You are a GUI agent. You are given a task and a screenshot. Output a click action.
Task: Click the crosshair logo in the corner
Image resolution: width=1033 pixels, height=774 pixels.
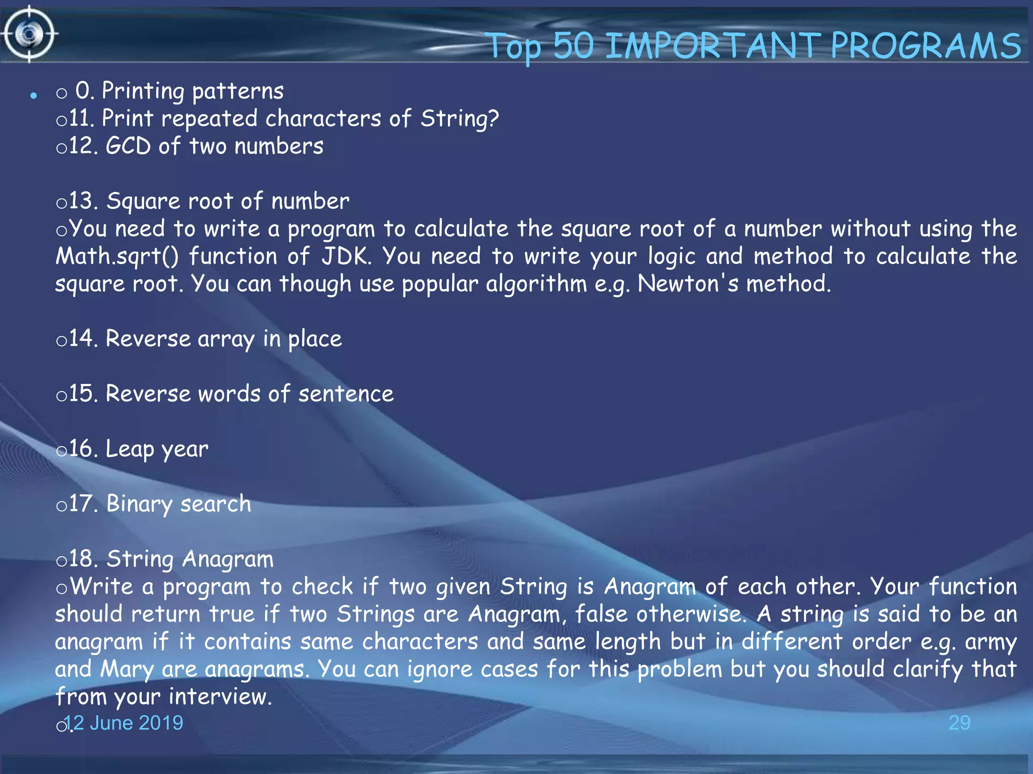[29, 34]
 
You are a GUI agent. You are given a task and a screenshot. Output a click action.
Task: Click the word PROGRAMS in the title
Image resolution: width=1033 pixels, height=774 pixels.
[926, 46]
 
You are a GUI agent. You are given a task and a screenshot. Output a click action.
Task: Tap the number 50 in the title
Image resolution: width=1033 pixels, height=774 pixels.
[573, 46]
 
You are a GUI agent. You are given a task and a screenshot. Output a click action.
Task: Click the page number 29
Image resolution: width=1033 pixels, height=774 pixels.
[959, 723]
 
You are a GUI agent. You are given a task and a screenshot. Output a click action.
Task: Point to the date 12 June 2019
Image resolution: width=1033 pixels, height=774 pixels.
[124, 723]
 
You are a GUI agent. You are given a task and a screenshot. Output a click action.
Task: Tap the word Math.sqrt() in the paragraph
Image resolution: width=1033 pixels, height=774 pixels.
[117, 256]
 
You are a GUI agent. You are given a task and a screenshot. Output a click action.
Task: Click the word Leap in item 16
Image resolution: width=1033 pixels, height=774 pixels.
[130, 449]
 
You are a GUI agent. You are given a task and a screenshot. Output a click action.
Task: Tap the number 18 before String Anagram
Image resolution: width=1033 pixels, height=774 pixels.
[81, 559]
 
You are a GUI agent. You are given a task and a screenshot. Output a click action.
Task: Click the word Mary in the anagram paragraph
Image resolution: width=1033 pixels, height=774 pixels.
[127, 669]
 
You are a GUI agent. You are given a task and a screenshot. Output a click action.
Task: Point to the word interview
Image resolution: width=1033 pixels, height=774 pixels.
[220, 697]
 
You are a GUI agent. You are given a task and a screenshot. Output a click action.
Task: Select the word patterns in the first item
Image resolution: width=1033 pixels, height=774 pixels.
[238, 91]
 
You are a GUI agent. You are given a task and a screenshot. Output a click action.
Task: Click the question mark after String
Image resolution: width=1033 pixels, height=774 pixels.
[493, 118]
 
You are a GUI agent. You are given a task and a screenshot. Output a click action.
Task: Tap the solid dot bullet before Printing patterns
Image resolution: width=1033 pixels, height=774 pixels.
[34, 95]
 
